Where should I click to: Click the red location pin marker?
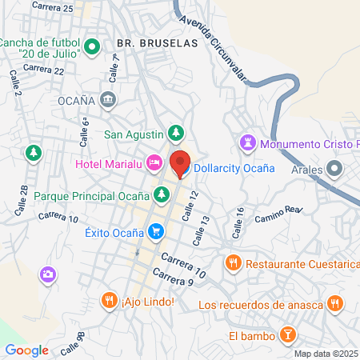[x=179, y=162]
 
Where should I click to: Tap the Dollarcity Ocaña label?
[x=234, y=169]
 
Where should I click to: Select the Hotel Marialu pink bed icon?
[x=152, y=164]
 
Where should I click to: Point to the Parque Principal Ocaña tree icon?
[x=162, y=194]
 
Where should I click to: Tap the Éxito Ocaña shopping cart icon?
[x=156, y=233]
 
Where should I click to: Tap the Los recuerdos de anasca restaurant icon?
[x=336, y=304]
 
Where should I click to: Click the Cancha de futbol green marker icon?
[x=92, y=47]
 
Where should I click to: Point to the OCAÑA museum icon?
[x=109, y=99]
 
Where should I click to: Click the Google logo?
[x=27, y=350]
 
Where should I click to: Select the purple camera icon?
[x=48, y=274]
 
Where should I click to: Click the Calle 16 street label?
[x=238, y=224]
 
